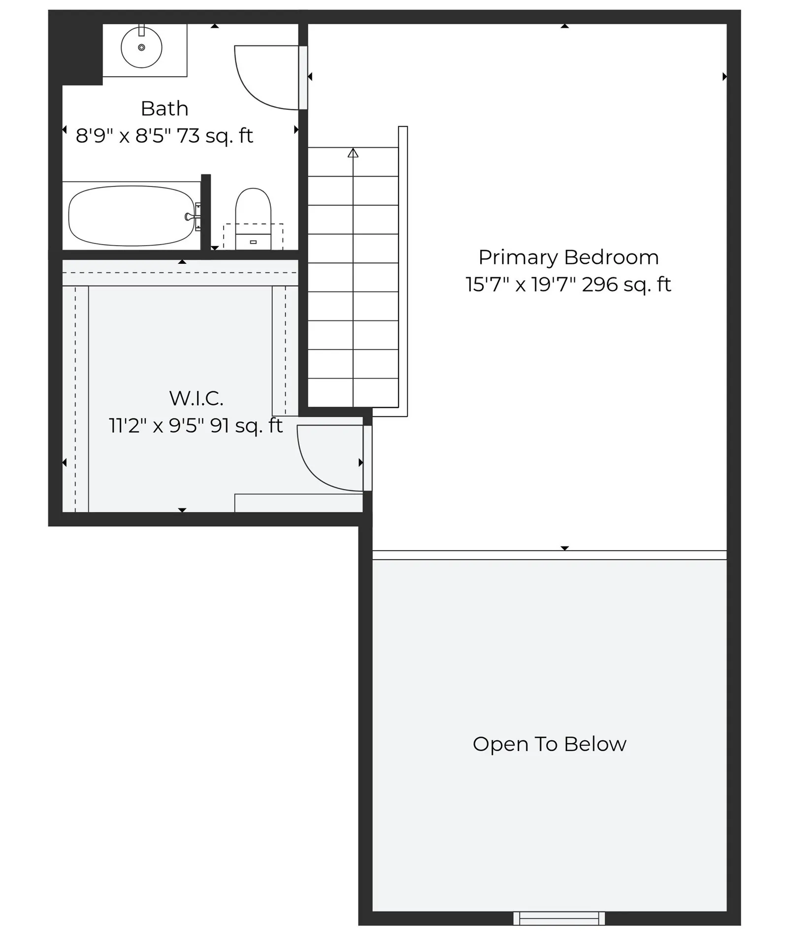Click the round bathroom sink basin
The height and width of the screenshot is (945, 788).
[141, 48]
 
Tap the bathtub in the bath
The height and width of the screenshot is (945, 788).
[131, 216]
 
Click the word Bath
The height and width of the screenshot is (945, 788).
[164, 109]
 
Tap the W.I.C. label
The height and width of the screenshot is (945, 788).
[196, 399]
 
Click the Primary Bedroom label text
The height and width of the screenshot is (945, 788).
[568, 257]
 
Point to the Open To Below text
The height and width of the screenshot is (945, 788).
[549, 744]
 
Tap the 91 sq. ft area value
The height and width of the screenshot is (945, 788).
[246, 426]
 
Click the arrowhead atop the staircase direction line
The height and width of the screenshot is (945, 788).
[353, 153]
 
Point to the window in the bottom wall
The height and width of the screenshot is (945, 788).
[559, 918]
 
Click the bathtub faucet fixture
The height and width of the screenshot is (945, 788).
[191, 217]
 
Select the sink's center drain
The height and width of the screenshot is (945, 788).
[141, 48]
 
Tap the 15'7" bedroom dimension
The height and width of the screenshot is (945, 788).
[485, 284]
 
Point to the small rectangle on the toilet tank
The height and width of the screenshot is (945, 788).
[253, 242]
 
